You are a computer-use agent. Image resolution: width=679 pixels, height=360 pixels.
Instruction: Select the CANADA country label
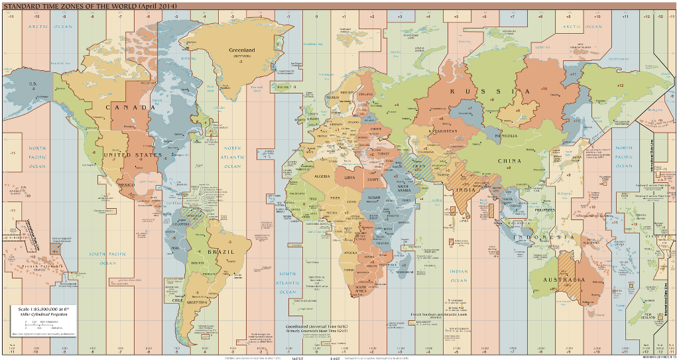tap(130, 107)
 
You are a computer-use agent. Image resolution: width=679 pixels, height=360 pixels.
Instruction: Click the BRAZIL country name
tap(219, 253)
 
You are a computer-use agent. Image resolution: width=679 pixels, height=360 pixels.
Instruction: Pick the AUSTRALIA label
tap(563, 280)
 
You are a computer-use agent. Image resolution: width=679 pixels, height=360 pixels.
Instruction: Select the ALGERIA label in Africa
tap(322, 176)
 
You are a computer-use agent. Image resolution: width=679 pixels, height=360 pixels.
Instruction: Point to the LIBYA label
tap(350, 178)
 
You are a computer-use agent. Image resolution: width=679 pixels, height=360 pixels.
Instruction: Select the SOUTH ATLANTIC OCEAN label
tap(287, 282)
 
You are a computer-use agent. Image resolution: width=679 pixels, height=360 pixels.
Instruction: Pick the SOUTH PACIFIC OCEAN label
tap(107, 258)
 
